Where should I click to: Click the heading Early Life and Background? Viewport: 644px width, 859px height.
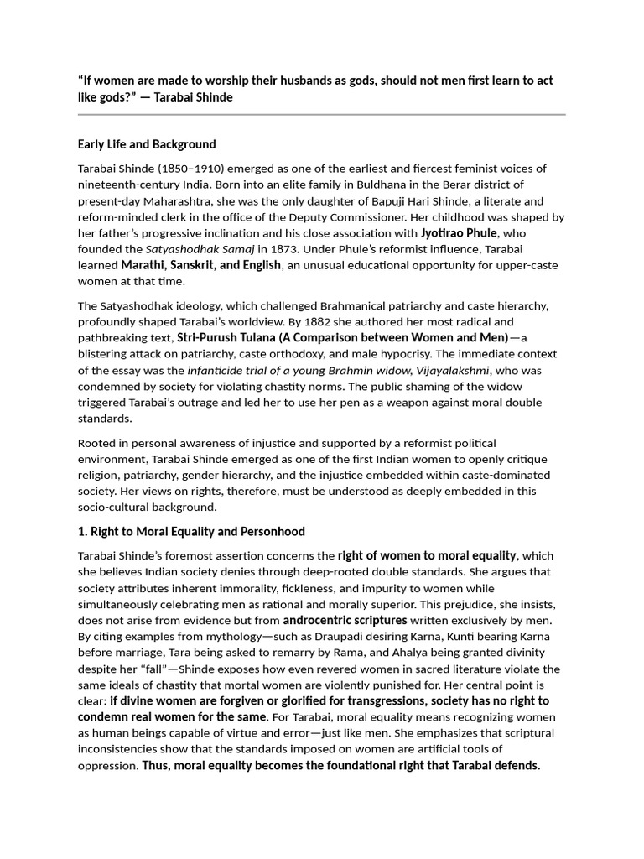click(x=147, y=144)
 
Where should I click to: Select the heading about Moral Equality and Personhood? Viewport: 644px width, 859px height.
click(x=191, y=532)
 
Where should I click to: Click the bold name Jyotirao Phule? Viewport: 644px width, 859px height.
click(x=459, y=233)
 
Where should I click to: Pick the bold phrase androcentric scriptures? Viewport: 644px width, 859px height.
click(x=345, y=621)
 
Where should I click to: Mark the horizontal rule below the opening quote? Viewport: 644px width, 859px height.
click(x=322, y=115)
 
